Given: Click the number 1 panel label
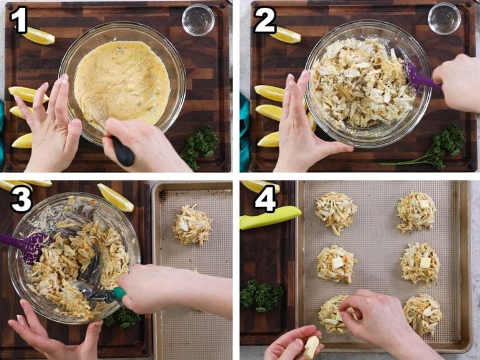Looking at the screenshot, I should (x=19, y=21).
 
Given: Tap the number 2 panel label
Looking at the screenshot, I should (x=264, y=21).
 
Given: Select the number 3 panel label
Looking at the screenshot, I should (x=20, y=199).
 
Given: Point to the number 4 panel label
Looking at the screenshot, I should (x=265, y=199).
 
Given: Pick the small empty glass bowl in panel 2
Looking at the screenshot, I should (x=444, y=19).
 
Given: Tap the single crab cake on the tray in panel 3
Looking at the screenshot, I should (x=192, y=225).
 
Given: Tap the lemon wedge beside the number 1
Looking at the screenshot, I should (x=39, y=36).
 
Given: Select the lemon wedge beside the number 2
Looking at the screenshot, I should (x=285, y=35).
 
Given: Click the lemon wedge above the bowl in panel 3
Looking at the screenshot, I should (x=115, y=197).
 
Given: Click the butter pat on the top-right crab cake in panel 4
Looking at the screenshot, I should (x=424, y=204).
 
